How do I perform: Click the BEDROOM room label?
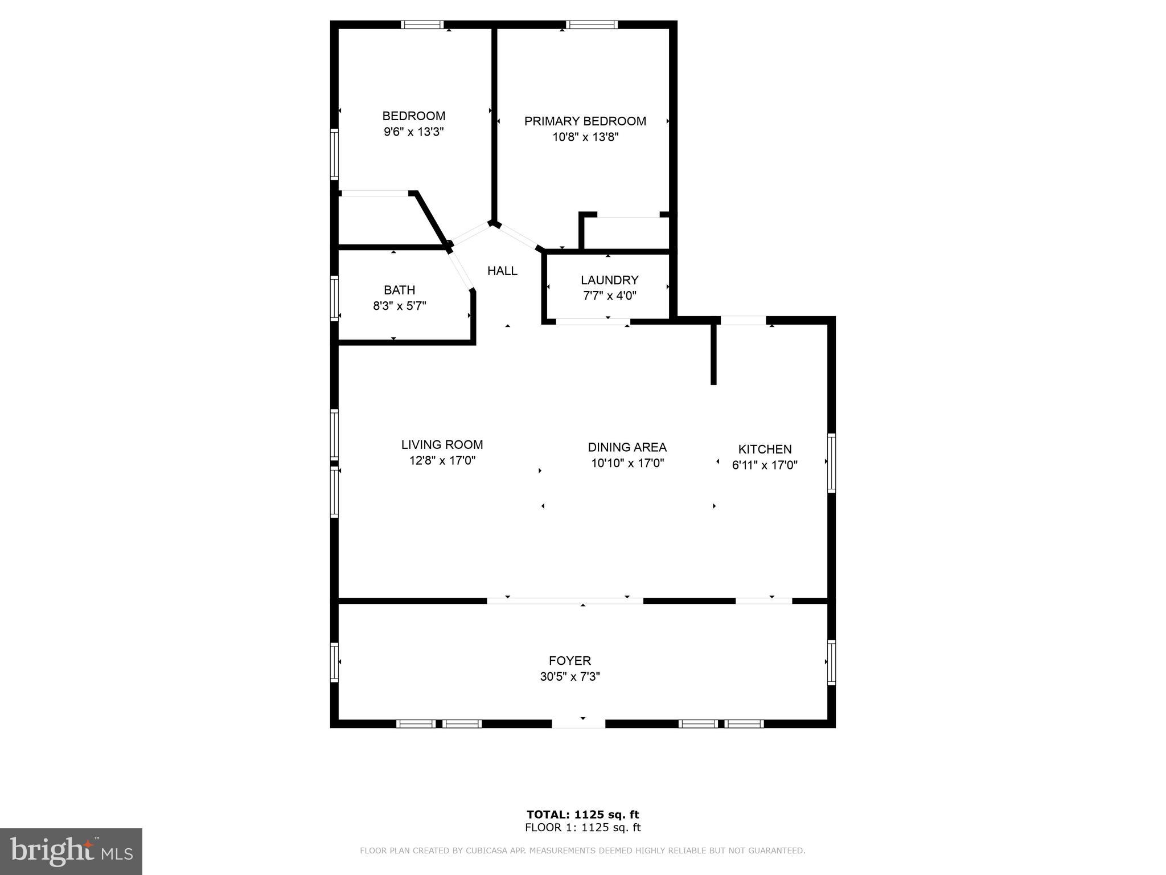(413, 116)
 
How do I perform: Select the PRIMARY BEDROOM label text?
(585, 121)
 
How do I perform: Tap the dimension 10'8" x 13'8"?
(585, 137)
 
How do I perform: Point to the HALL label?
(502, 271)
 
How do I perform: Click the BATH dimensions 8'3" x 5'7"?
(399, 306)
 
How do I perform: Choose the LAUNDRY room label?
(609, 280)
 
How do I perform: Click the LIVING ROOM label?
(442, 445)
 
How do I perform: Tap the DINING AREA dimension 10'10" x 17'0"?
(627, 463)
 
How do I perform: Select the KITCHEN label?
(765, 449)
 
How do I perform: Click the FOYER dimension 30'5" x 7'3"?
(570, 677)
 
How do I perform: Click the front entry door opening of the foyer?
(578, 723)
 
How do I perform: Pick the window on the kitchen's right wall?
(831, 463)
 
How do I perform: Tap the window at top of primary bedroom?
(592, 24)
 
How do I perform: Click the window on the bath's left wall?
(334, 298)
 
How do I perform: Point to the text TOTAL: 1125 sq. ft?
(582, 815)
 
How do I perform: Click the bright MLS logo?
(71, 851)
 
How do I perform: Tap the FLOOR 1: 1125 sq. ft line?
(582, 828)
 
